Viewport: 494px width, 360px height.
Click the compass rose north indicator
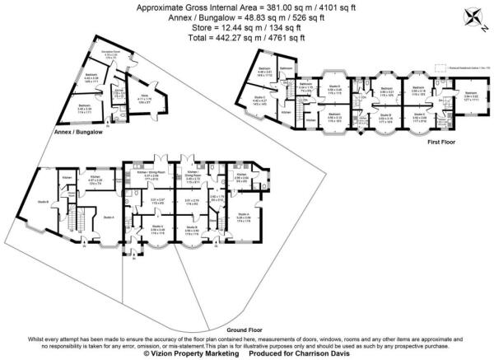(x=473, y=14)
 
